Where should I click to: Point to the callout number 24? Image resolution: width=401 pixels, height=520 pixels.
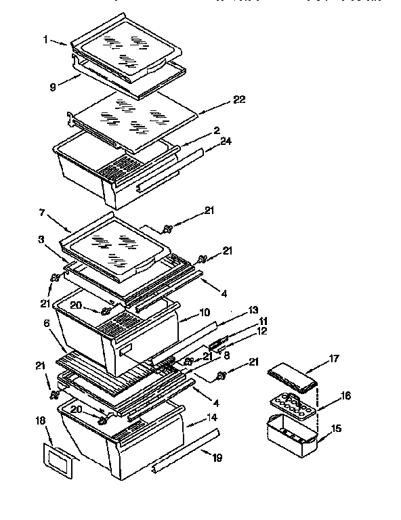[226, 142]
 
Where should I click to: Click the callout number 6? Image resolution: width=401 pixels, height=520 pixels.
[47, 324]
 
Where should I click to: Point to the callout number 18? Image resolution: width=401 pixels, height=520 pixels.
[40, 420]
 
